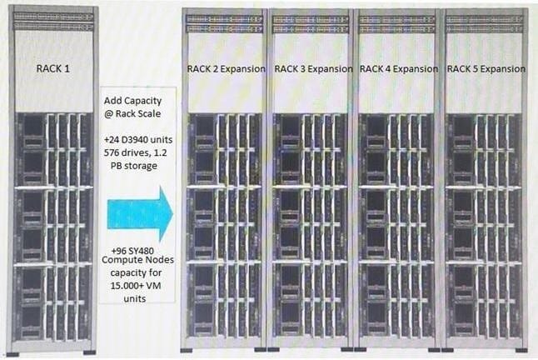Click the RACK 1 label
click(x=52, y=69)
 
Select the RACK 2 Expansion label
click(x=227, y=69)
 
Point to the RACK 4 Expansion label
click(x=399, y=69)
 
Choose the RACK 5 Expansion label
click(x=486, y=69)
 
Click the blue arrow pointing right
click(x=140, y=213)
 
